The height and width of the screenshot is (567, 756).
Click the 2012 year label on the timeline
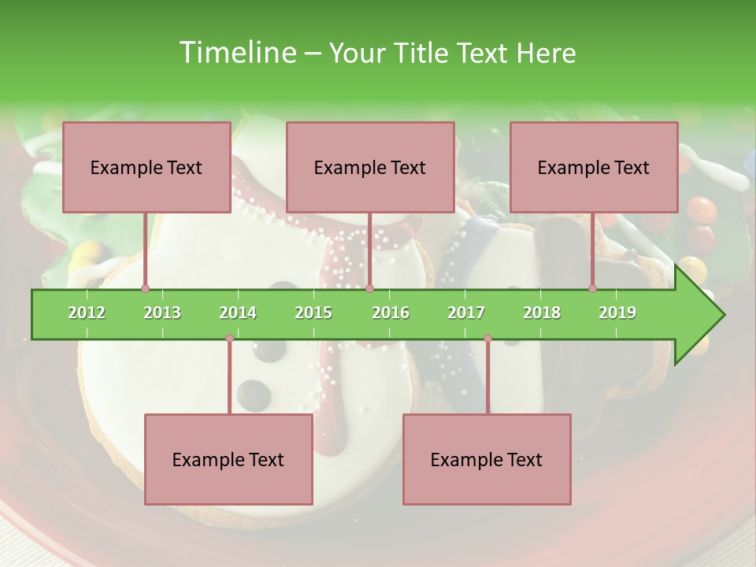point(87,313)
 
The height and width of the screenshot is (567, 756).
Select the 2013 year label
point(162,313)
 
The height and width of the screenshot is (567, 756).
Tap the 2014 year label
point(238,313)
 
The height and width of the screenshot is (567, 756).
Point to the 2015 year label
point(313,313)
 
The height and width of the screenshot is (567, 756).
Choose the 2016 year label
point(391,313)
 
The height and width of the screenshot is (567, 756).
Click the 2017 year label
point(466,313)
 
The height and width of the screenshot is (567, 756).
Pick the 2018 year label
point(542,313)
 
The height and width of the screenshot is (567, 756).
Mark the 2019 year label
point(617,313)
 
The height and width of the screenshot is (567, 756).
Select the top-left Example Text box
point(146,167)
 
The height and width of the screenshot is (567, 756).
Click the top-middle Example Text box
point(369,167)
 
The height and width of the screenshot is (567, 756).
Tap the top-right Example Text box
point(593,167)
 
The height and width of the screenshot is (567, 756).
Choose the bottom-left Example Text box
point(228,459)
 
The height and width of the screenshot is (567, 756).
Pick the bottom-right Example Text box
point(486,459)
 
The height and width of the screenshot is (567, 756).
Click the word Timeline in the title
point(236,53)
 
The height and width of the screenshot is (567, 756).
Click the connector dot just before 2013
point(145,288)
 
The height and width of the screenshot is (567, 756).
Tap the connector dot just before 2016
point(369,288)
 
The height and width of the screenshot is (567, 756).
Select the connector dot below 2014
point(229,339)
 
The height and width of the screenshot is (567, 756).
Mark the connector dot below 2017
point(487,339)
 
